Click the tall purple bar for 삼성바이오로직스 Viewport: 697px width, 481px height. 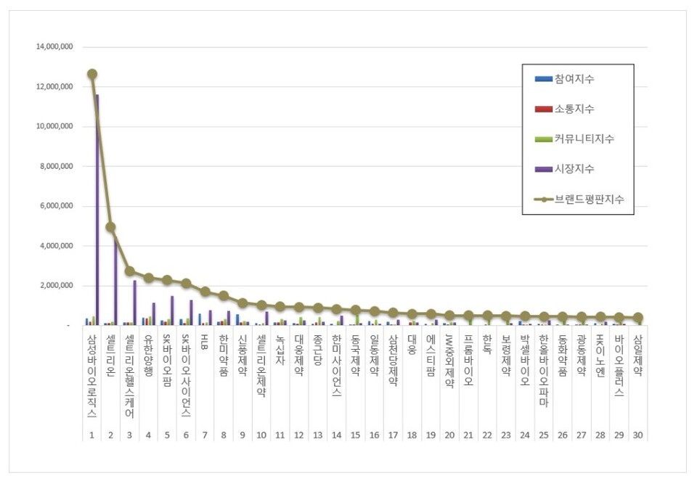[x=97, y=210]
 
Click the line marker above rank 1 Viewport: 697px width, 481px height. [x=92, y=74]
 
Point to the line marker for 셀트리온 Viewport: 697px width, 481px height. [x=110, y=227]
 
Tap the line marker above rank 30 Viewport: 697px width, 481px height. [x=637, y=318]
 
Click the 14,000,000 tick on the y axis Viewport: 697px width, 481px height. [x=55, y=47]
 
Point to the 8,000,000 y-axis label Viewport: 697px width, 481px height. [x=57, y=166]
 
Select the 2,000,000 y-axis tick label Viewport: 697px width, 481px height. [x=57, y=286]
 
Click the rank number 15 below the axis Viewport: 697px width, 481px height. [x=355, y=435]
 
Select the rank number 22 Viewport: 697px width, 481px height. [x=487, y=435]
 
